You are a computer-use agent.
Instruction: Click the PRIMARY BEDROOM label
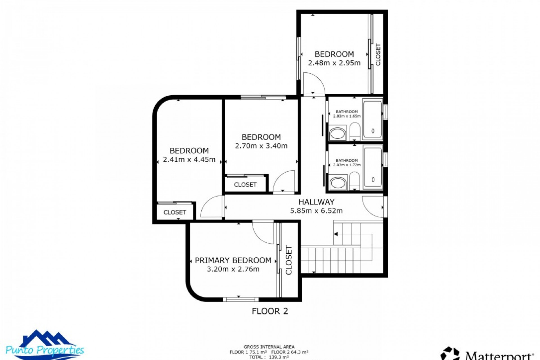[x=233, y=260]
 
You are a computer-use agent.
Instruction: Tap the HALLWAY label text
[x=316, y=202]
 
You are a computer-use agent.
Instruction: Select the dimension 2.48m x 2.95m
[x=334, y=63]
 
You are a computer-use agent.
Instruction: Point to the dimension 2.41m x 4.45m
[x=189, y=160]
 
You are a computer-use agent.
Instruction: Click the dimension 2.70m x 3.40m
[x=261, y=146]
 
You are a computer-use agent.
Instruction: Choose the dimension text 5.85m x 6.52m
[x=316, y=211]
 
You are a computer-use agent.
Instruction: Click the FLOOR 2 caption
[x=270, y=311]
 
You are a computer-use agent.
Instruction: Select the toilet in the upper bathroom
[x=355, y=131]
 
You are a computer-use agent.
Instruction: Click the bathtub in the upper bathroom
[x=373, y=119]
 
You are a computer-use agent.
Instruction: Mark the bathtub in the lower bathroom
[x=373, y=168]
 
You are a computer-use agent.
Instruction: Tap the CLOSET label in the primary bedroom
[x=289, y=260]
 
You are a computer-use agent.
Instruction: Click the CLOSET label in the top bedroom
[x=378, y=55]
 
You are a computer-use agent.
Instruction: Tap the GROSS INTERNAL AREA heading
[x=269, y=347]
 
